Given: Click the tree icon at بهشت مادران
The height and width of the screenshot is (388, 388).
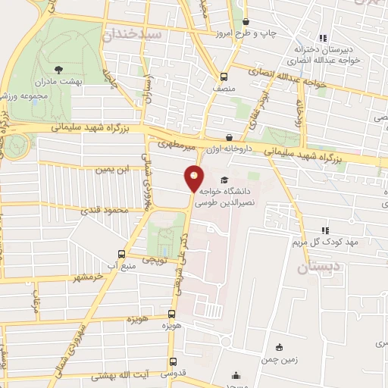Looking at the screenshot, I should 61,69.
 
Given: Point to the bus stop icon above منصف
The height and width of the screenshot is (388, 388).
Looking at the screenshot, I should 223,77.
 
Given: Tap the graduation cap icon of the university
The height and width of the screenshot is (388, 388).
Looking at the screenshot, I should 224,180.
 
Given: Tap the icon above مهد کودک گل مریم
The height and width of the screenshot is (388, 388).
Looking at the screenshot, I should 325,230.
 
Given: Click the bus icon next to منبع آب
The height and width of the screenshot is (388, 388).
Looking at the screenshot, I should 122,255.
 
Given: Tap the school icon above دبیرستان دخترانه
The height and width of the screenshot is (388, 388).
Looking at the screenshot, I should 322,38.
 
